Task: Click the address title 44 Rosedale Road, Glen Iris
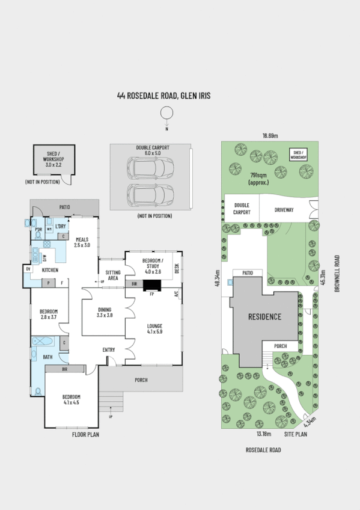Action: point(163,96)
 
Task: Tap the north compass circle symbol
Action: point(166,113)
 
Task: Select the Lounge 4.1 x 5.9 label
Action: point(155,328)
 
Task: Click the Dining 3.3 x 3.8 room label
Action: point(105,312)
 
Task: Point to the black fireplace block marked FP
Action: point(152,287)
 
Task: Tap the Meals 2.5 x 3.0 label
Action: point(82,242)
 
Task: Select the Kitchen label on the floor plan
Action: point(50,270)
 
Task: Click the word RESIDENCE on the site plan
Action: point(264,317)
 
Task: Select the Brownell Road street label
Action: point(337,274)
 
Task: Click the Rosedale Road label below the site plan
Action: point(263,449)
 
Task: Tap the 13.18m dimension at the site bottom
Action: point(264,434)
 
